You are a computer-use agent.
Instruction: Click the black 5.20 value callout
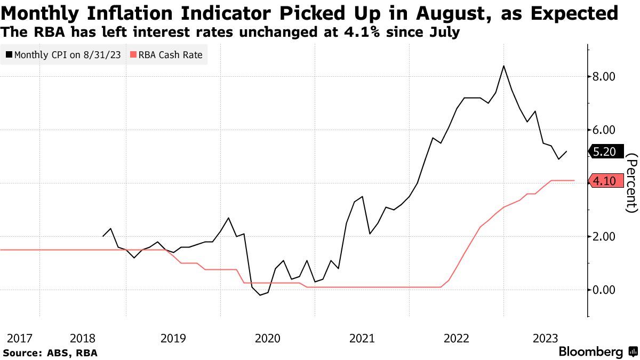tap(605, 152)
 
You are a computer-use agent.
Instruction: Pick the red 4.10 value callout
tap(605, 181)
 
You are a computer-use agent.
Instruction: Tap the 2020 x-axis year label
tap(268, 338)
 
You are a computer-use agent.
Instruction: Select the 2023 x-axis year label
tap(546, 338)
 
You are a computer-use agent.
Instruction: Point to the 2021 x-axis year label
tap(362, 338)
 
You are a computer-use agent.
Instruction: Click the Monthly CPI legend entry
tap(62, 54)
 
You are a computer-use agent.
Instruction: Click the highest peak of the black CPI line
tap(503, 66)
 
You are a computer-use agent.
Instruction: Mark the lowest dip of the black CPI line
tap(260, 295)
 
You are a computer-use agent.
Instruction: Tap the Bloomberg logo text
tap(590, 352)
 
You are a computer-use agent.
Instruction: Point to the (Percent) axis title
tap(631, 183)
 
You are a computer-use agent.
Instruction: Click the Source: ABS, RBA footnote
tap(50, 353)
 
